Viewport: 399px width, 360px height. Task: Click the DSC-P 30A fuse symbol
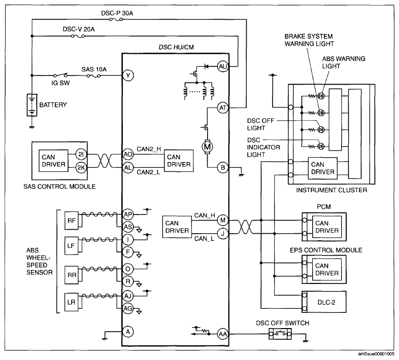click(116, 19)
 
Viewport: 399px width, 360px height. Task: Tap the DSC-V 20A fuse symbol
click(78, 37)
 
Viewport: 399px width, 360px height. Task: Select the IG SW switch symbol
click(60, 75)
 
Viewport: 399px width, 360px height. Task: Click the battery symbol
click(32, 105)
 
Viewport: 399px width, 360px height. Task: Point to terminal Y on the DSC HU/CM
click(128, 76)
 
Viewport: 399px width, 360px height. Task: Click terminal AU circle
click(223, 66)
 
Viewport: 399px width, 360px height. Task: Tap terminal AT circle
click(223, 108)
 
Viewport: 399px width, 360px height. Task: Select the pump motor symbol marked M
click(208, 147)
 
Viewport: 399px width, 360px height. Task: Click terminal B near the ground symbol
click(223, 167)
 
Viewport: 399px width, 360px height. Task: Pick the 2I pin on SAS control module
click(81, 154)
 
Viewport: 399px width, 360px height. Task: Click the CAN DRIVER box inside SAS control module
click(53, 161)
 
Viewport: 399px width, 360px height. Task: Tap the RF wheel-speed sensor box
click(72, 221)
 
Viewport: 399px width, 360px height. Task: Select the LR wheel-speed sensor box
click(72, 302)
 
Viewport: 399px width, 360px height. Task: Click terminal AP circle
click(128, 214)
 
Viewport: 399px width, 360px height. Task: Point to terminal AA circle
click(223, 334)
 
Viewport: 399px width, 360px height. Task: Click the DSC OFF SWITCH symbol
click(280, 334)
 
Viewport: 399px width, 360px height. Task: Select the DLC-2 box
click(324, 302)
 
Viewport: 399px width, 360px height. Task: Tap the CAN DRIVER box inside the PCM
click(327, 227)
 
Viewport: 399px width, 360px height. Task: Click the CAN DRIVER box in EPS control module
click(327, 269)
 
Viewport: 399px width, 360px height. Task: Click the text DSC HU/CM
click(176, 47)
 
